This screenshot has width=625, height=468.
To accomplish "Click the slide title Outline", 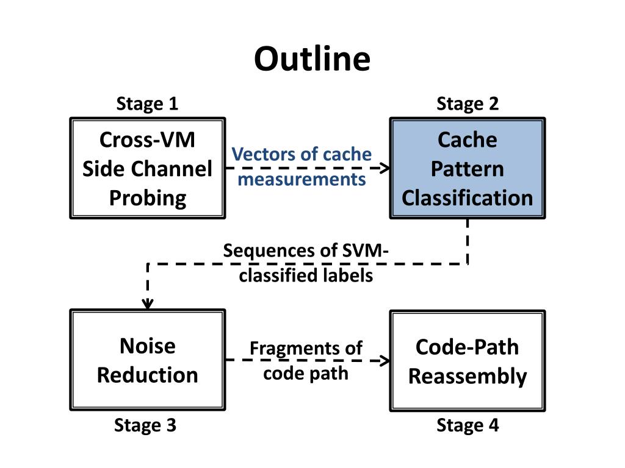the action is (312, 58).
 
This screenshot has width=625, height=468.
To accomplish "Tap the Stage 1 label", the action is (147, 104).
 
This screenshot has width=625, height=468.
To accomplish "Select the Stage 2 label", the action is (468, 104).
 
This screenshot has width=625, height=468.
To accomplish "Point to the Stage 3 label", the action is (145, 425).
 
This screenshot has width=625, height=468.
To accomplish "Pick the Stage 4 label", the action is (468, 425).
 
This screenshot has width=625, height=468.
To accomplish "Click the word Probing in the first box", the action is (148, 198).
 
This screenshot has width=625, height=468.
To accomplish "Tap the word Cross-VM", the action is (148, 140).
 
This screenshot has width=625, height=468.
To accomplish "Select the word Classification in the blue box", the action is (467, 198).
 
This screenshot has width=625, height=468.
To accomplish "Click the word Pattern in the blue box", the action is (467, 169).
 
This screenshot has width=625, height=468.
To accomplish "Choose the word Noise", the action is (148, 346).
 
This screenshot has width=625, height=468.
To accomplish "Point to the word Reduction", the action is (148, 375).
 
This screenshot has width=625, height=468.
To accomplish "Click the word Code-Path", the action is (467, 347).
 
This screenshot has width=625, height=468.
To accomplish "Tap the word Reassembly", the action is (468, 377).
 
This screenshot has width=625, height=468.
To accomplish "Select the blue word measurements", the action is (302, 180).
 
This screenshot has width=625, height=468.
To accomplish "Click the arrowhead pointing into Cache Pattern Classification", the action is (385, 168).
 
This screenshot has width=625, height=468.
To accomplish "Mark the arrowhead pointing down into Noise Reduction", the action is (148, 304).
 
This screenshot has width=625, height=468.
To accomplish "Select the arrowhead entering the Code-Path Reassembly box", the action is (385, 361).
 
